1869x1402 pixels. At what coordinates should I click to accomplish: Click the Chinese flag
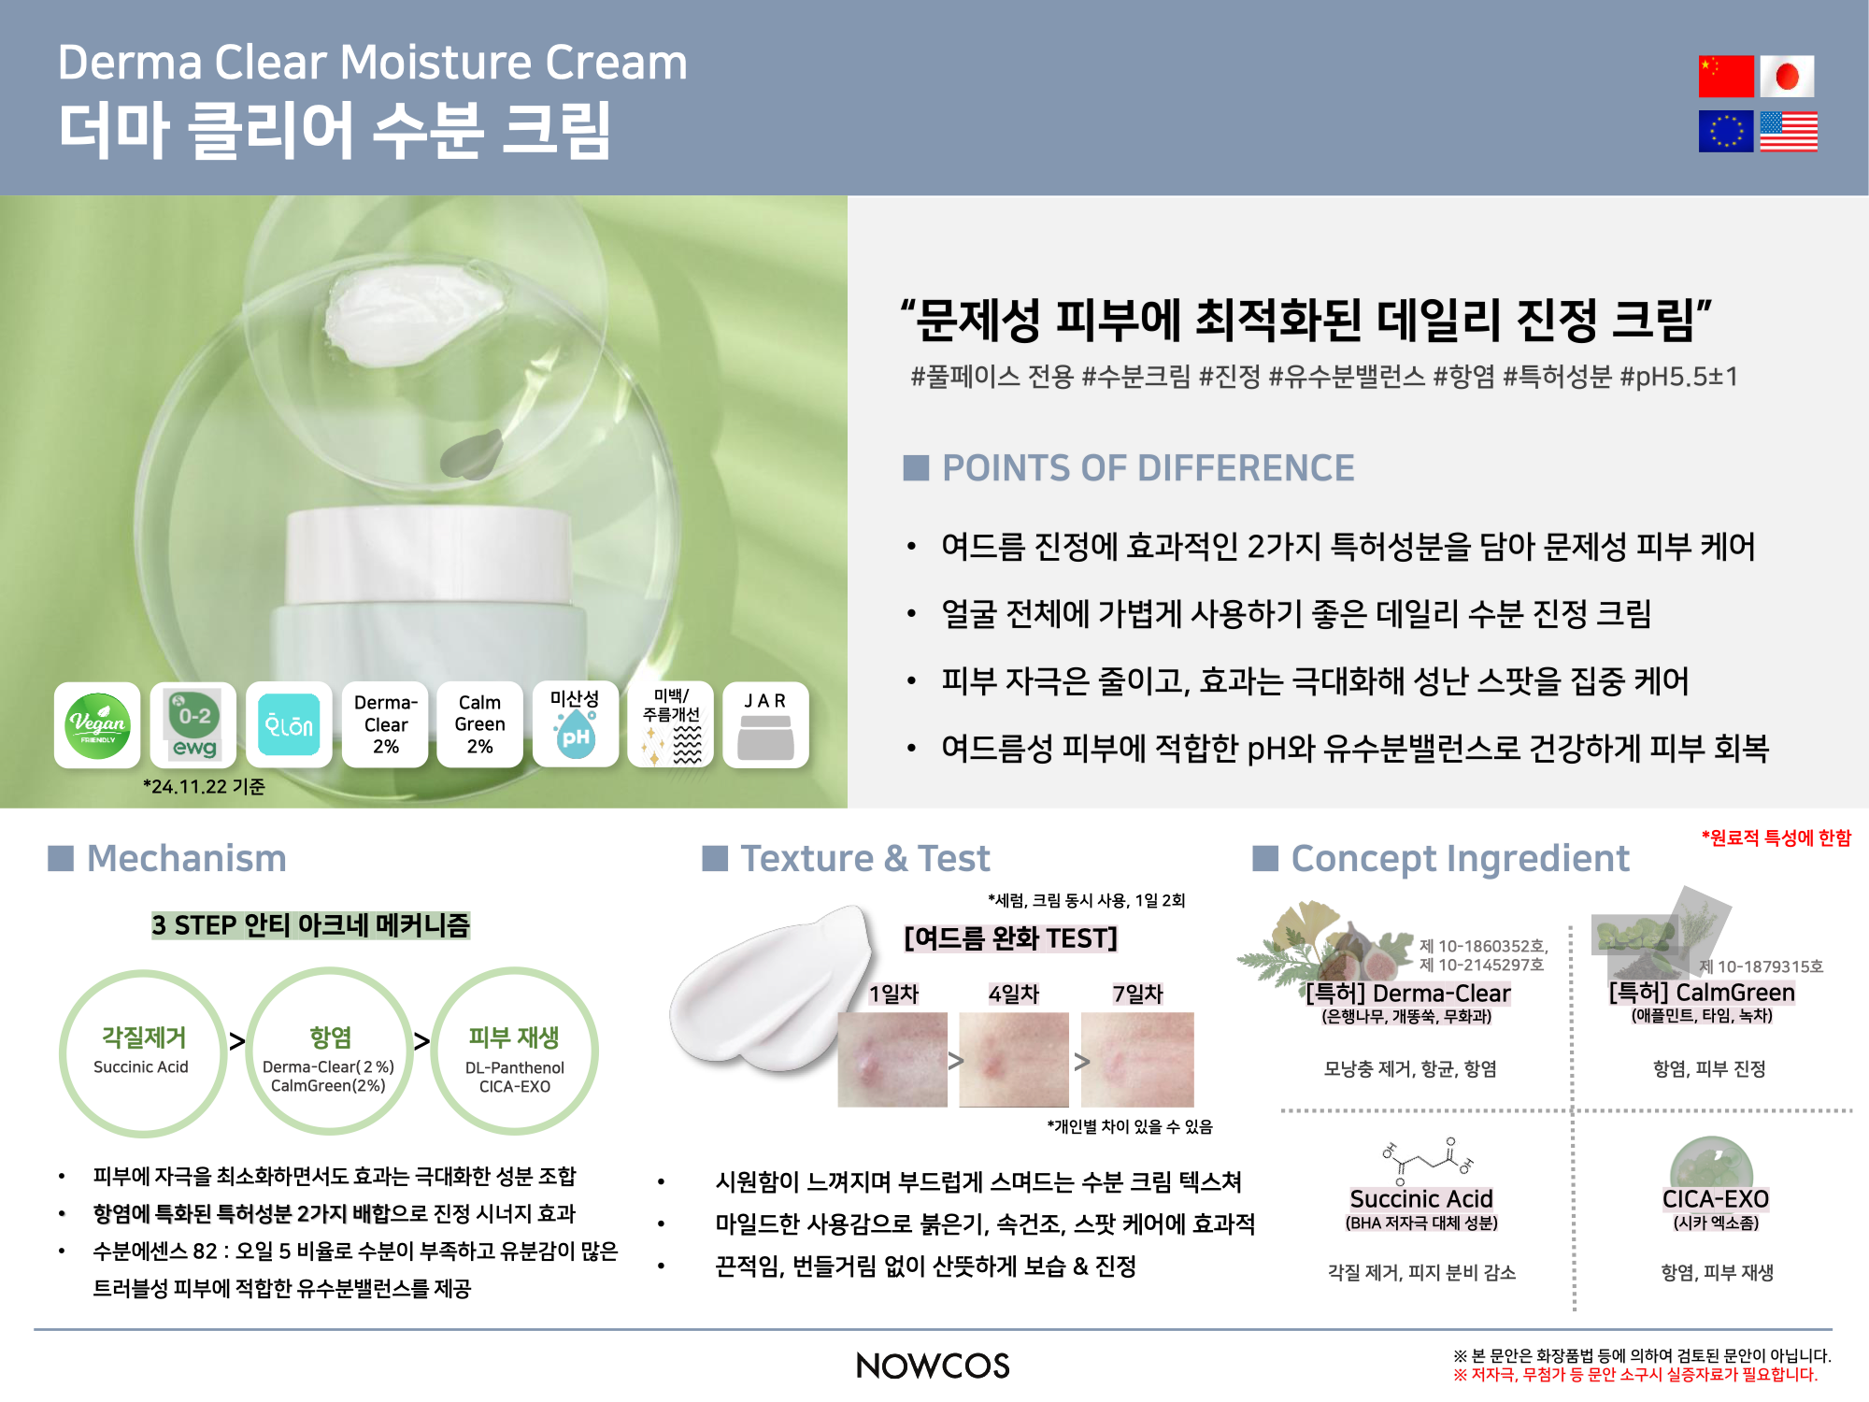(1726, 76)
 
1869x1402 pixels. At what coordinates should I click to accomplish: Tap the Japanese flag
(1787, 76)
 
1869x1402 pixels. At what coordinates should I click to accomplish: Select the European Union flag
(1726, 131)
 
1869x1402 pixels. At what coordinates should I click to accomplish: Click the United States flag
(1789, 131)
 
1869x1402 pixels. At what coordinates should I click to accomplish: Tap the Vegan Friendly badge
(97, 725)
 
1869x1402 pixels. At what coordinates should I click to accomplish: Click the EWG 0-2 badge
(193, 725)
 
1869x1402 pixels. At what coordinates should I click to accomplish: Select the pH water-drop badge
(576, 725)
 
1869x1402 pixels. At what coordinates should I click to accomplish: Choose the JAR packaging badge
(765, 725)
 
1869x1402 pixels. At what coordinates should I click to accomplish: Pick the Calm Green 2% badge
(479, 725)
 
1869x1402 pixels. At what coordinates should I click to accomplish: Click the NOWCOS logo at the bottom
(933, 1366)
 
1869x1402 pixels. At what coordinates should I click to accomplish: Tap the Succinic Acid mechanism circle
(143, 1052)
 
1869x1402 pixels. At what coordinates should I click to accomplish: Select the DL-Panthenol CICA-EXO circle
(515, 1052)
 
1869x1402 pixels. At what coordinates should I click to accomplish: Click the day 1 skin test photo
(892, 1059)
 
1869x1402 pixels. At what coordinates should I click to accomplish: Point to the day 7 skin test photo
(1137, 1059)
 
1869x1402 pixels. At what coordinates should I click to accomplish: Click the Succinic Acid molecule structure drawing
(1423, 1160)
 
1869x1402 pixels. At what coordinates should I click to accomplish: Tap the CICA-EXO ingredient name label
(1716, 1199)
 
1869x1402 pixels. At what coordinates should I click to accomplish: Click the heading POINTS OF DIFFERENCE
(1148, 467)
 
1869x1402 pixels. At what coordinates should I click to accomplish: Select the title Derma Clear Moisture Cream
(372, 63)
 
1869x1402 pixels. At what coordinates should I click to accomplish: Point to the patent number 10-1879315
(1761, 966)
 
